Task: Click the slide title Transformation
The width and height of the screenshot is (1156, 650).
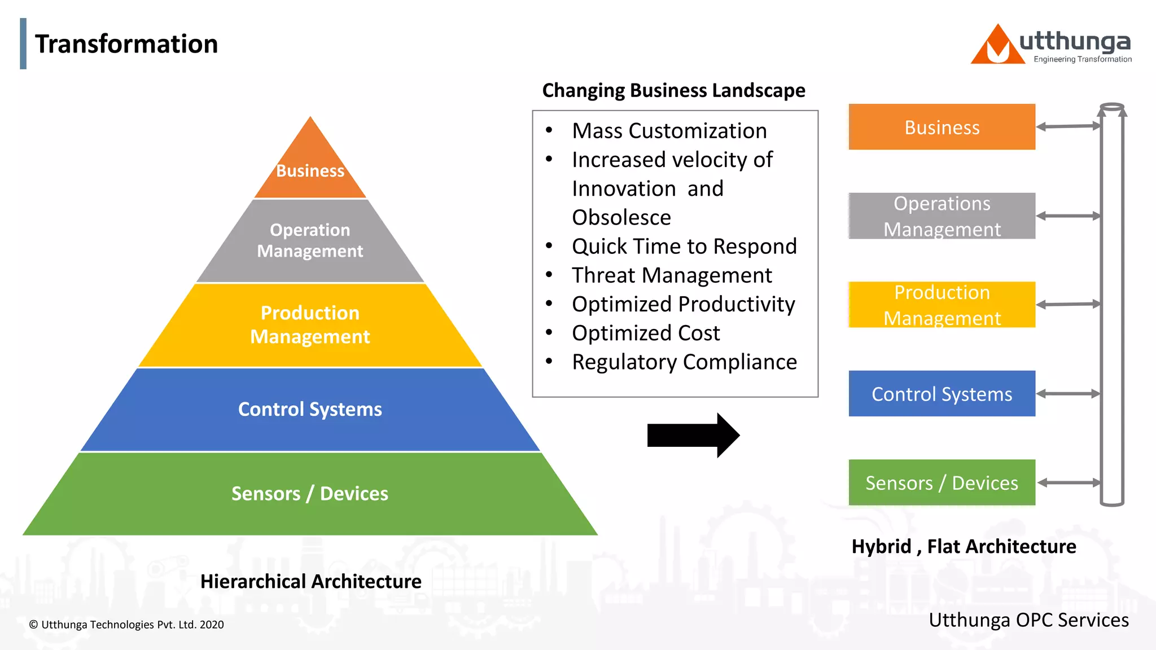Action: (126, 44)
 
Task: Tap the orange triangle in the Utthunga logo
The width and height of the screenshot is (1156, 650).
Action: (997, 46)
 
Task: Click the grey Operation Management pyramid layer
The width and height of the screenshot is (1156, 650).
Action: (310, 241)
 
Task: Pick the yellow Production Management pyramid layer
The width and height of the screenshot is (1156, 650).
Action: (310, 325)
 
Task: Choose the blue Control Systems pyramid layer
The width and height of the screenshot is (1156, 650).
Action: (310, 409)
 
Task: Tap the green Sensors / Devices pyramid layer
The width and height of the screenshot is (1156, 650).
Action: (310, 494)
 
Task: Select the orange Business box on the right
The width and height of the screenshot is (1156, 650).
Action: (942, 127)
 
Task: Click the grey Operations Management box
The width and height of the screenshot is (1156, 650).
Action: (942, 216)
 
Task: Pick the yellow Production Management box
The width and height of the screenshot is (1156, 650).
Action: (942, 305)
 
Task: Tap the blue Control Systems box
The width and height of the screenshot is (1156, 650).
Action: (942, 394)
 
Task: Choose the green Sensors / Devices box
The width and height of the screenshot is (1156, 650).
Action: (942, 482)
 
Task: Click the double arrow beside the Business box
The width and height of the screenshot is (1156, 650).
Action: (1068, 126)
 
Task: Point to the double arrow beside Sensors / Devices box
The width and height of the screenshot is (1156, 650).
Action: (1069, 482)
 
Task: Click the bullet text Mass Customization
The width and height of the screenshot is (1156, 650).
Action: (669, 131)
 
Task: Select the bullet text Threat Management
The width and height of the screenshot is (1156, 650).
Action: (672, 275)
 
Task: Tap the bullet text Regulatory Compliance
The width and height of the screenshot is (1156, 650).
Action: (684, 362)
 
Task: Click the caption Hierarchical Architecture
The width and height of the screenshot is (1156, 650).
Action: (310, 581)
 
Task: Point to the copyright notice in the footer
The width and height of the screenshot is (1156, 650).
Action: (126, 625)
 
